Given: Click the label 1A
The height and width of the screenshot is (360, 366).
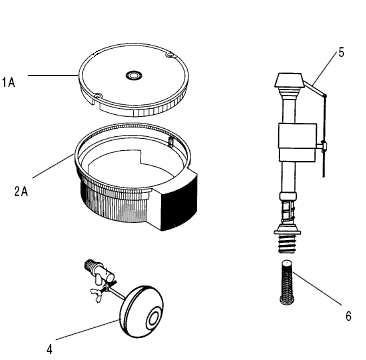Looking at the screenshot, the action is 9,82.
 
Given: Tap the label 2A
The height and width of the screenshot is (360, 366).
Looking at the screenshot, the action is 21,192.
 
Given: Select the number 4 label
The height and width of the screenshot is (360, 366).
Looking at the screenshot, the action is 49,349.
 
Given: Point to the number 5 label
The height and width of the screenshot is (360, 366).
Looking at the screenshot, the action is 341,53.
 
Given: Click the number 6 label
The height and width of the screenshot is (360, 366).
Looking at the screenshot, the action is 348,316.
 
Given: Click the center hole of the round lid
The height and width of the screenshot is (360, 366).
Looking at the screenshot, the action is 134,75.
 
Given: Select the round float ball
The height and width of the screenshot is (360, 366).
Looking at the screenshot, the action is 142,312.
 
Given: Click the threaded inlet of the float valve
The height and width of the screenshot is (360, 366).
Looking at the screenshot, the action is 90,265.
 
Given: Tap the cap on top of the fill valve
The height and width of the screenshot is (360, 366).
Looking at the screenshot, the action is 289,81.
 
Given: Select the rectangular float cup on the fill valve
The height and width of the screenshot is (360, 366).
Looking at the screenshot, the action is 297,141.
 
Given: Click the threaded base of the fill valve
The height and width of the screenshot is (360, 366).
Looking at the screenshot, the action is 287,242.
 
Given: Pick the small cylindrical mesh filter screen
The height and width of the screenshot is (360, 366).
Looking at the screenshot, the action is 287,282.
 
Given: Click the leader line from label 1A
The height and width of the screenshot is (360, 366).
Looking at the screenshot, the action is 53,75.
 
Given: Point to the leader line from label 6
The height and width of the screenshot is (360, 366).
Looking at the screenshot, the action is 318,288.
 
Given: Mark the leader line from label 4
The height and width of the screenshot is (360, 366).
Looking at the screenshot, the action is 87,330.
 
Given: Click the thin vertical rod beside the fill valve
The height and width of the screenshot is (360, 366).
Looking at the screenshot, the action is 324,136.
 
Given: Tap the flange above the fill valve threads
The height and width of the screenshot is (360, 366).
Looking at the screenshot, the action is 287,231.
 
